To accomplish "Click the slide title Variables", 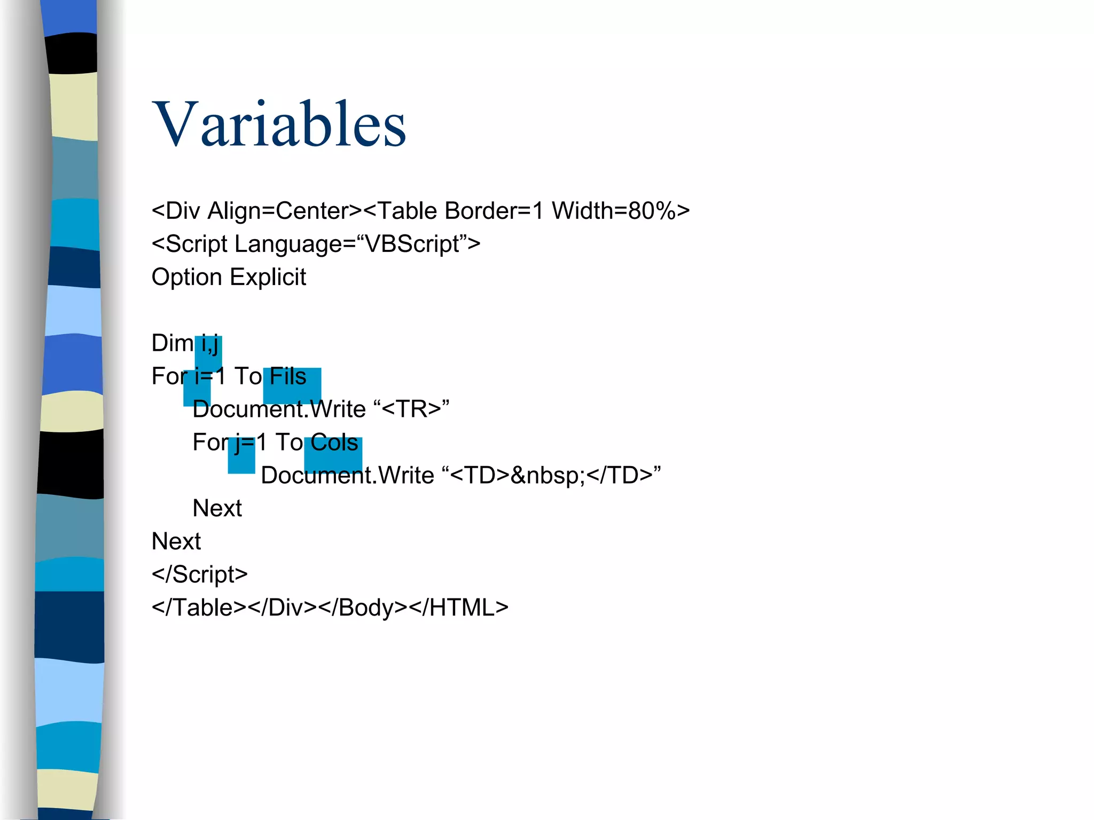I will pyautogui.click(x=279, y=124).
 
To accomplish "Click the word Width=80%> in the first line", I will pyautogui.click(x=620, y=211).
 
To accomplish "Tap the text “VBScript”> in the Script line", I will pyautogui.click(x=418, y=244).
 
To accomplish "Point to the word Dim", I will pyautogui.click(x=172, y=343).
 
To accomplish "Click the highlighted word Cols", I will pyautogui.click(x=334, y=443).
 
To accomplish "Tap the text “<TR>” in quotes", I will pyautogui.click(x=411, y=409).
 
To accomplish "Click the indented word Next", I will pyautogui.click(x=217, y=508).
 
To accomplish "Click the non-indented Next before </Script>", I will pyautogui.click(x=176, y=541).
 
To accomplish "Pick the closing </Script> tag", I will pyautogui.click(x=199, y=574).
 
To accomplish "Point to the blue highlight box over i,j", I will pyautogui.click(x=208, y=352).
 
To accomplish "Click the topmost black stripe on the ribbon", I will pyautogui.click(x=72, y=53).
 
